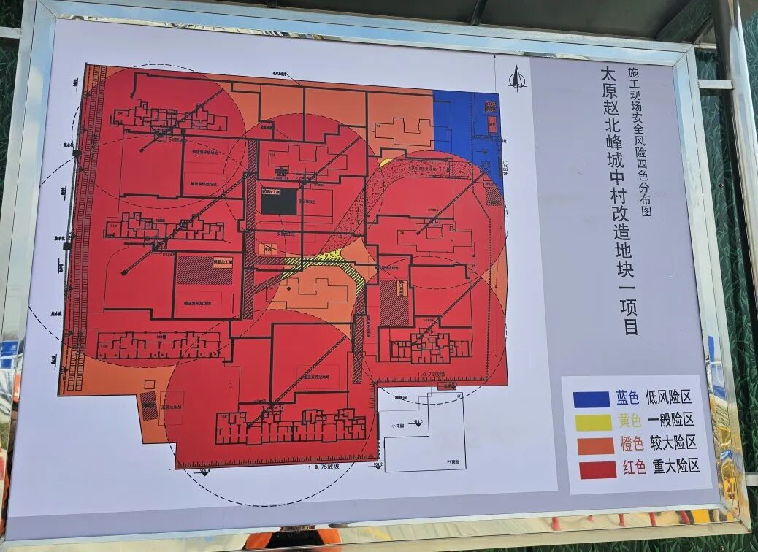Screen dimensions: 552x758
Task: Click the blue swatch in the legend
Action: pyautogui.click(x=591, y=399)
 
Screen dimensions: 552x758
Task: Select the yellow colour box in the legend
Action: pyautogui.click(x=593, y=422)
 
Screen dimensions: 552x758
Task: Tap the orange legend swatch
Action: pyautogui.click(x=595, y=445)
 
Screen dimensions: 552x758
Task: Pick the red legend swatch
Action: pyautogui.click(x=597, y=469)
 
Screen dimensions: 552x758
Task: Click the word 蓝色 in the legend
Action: pyautogui.click(x=627, y=398)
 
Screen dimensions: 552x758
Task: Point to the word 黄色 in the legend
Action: pyautogui.click(x=629, y=421)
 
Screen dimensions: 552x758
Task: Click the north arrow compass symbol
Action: pyautogui.click(x=517, y=77)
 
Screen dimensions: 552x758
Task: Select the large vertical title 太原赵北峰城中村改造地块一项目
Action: pyautogui.click(x=618, y=201)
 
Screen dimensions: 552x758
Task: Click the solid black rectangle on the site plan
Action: pyautogui.click(x=279, y=202)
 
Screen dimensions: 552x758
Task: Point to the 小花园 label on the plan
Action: pyautogui.click(x=397, y=425)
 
